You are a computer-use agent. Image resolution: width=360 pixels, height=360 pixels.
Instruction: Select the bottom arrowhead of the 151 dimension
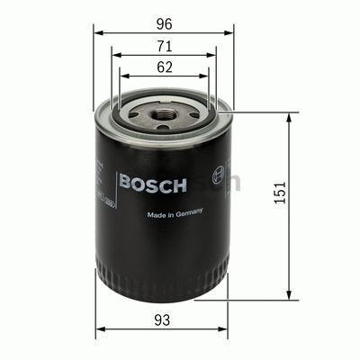[x=290, y=296]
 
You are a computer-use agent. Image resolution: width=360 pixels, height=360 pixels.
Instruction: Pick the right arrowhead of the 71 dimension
[x=211, y=54]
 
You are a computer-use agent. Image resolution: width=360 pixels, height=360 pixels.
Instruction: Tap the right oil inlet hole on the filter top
[x=193, y=110]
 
